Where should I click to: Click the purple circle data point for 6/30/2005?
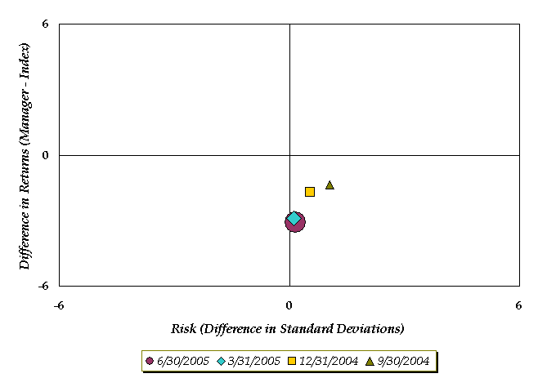click(x=296, y=223)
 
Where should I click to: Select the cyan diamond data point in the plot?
click(x=294, y=218)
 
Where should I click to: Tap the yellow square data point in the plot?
click(x=310, y=192)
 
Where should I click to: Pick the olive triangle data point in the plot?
click(x=330, y=185)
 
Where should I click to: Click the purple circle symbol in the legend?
click(x=149, y=361)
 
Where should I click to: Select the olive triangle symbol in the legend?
click(x=370, y=361)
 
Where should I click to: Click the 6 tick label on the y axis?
click(x=46, y=24)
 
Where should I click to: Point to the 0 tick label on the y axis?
click(x=46, y=155)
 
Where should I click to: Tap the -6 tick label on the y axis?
click(x=43, y=287)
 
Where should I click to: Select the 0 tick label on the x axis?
click(x=289, y=306)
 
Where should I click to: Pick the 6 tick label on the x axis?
click(x=518, y=306)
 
